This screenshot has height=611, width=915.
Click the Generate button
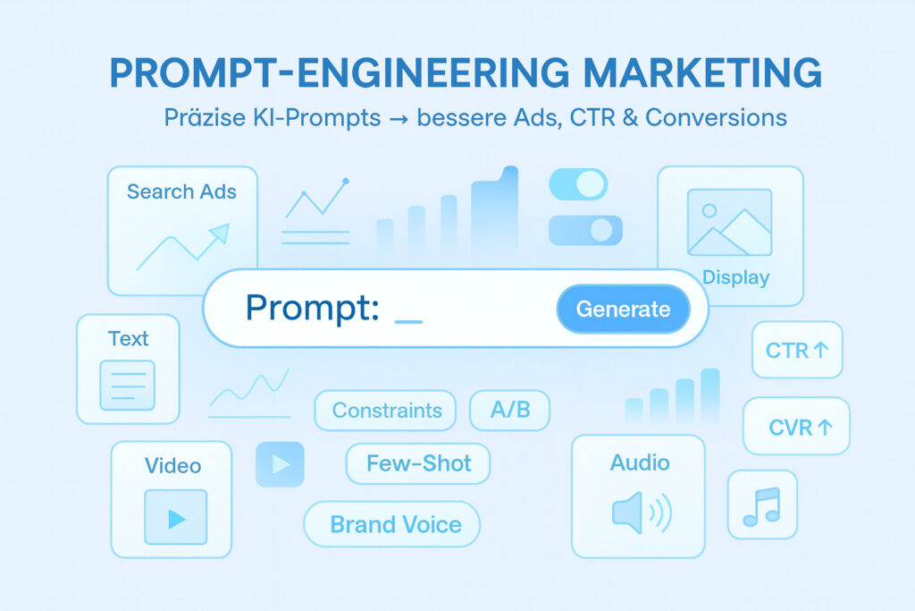point(623,310)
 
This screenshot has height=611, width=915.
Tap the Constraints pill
point(386,411)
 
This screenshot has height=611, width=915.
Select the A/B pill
point(509,410)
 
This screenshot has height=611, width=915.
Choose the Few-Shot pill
point(418,463)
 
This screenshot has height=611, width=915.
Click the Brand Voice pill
point(394,524)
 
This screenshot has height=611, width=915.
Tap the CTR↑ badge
point(797,350)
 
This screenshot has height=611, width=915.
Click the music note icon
point(761,506)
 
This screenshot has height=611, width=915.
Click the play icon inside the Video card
point(176,518)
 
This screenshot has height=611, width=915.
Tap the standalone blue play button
point(280,464)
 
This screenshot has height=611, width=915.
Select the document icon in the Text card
point(127,385)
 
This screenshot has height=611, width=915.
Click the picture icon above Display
point(728,223)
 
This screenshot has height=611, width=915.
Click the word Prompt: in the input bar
point(312,309)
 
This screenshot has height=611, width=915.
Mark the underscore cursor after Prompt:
point(407,319)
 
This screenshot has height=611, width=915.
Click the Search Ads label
point(181,191)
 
